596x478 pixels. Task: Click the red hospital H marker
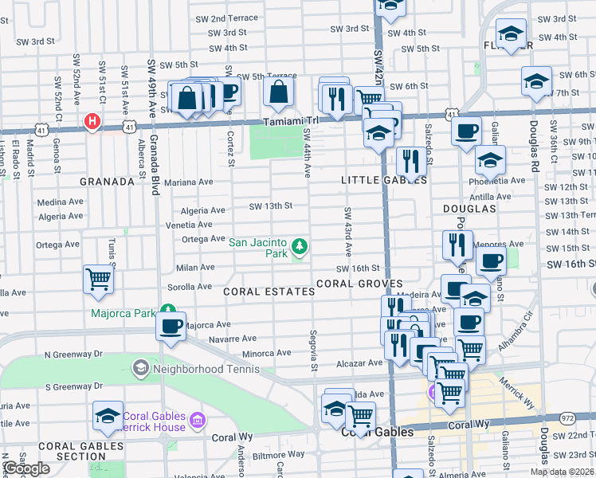[92, 123]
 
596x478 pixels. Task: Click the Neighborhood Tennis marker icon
[141, 368]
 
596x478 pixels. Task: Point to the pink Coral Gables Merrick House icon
[198, 419]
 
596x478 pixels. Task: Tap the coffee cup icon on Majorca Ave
[171, 327]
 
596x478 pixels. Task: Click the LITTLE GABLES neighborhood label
[384, 181]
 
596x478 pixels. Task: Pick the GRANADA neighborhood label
[107, 182]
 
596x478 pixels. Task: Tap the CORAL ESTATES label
[269, 292]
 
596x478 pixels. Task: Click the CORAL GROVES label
[359, 284]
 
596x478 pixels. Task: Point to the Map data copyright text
[561, 472]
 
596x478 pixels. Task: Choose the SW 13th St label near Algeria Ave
[271, 206]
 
